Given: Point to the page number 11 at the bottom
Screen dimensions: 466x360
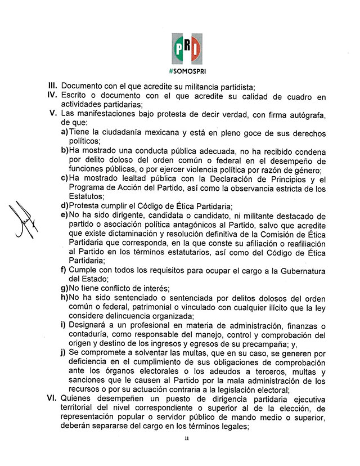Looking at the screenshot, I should tap(186, 449).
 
